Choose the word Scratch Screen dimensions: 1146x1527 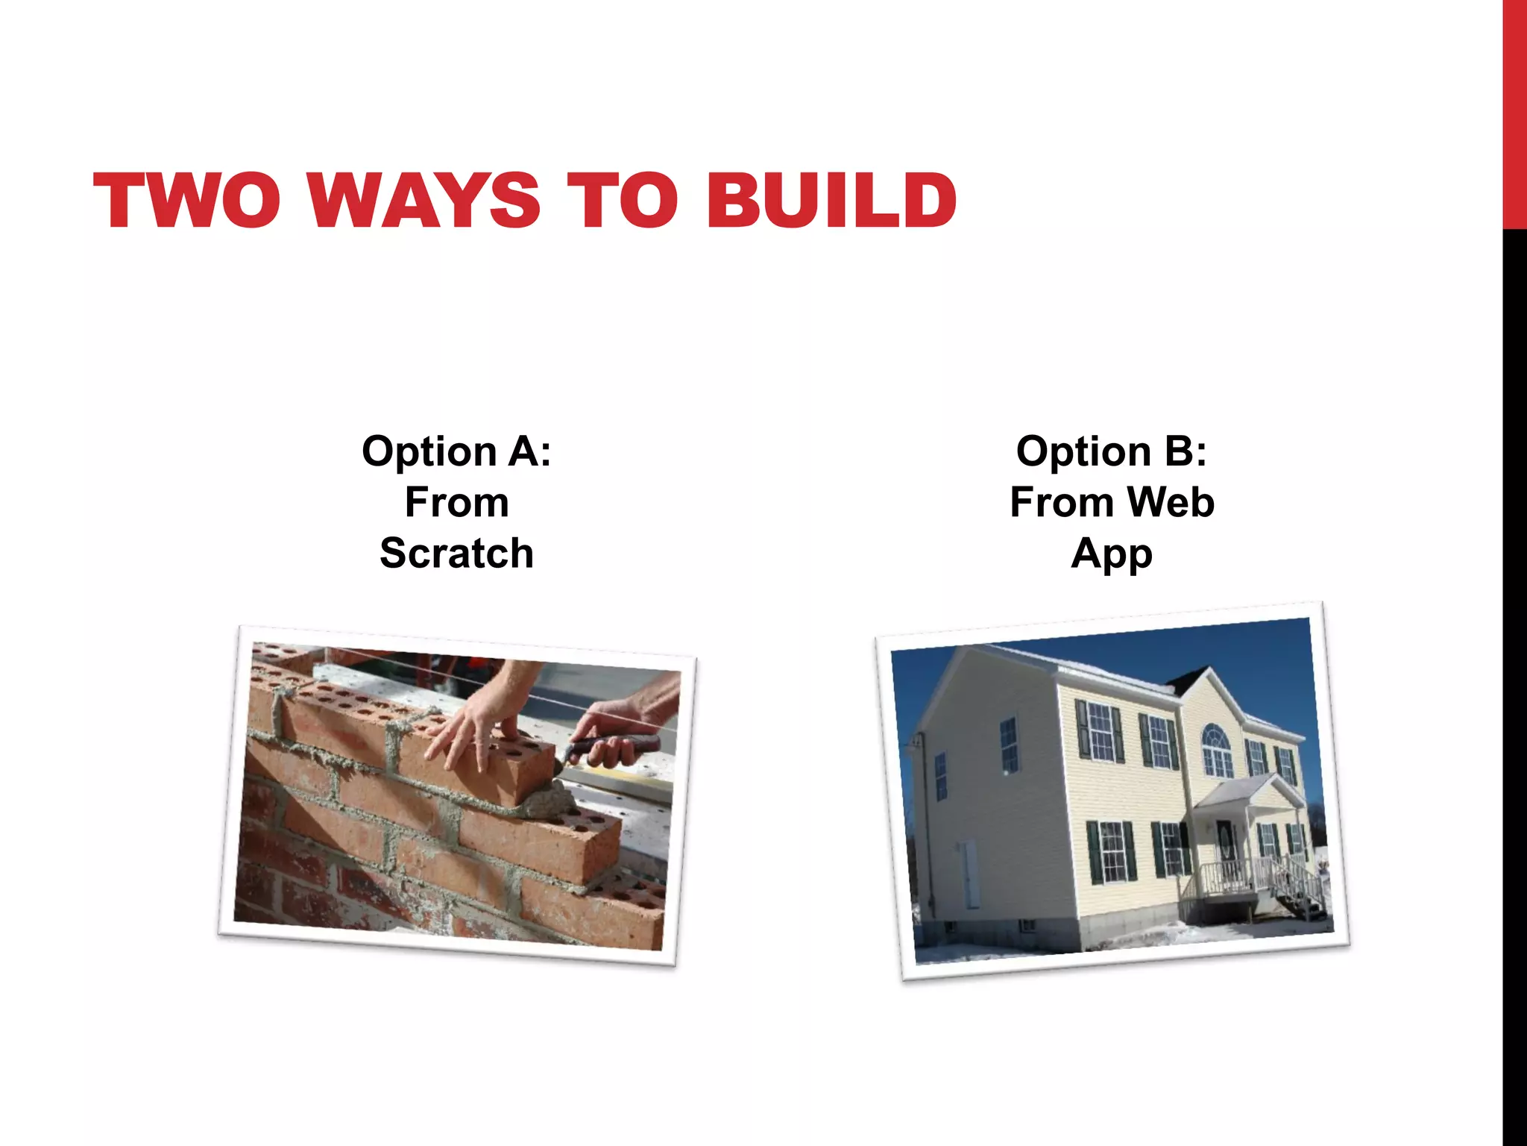coord(456,553)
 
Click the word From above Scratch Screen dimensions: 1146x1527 coord(456,502)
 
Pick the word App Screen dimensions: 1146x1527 coord(1112,554)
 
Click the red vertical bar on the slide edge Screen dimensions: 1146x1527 coord(1514,112)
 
